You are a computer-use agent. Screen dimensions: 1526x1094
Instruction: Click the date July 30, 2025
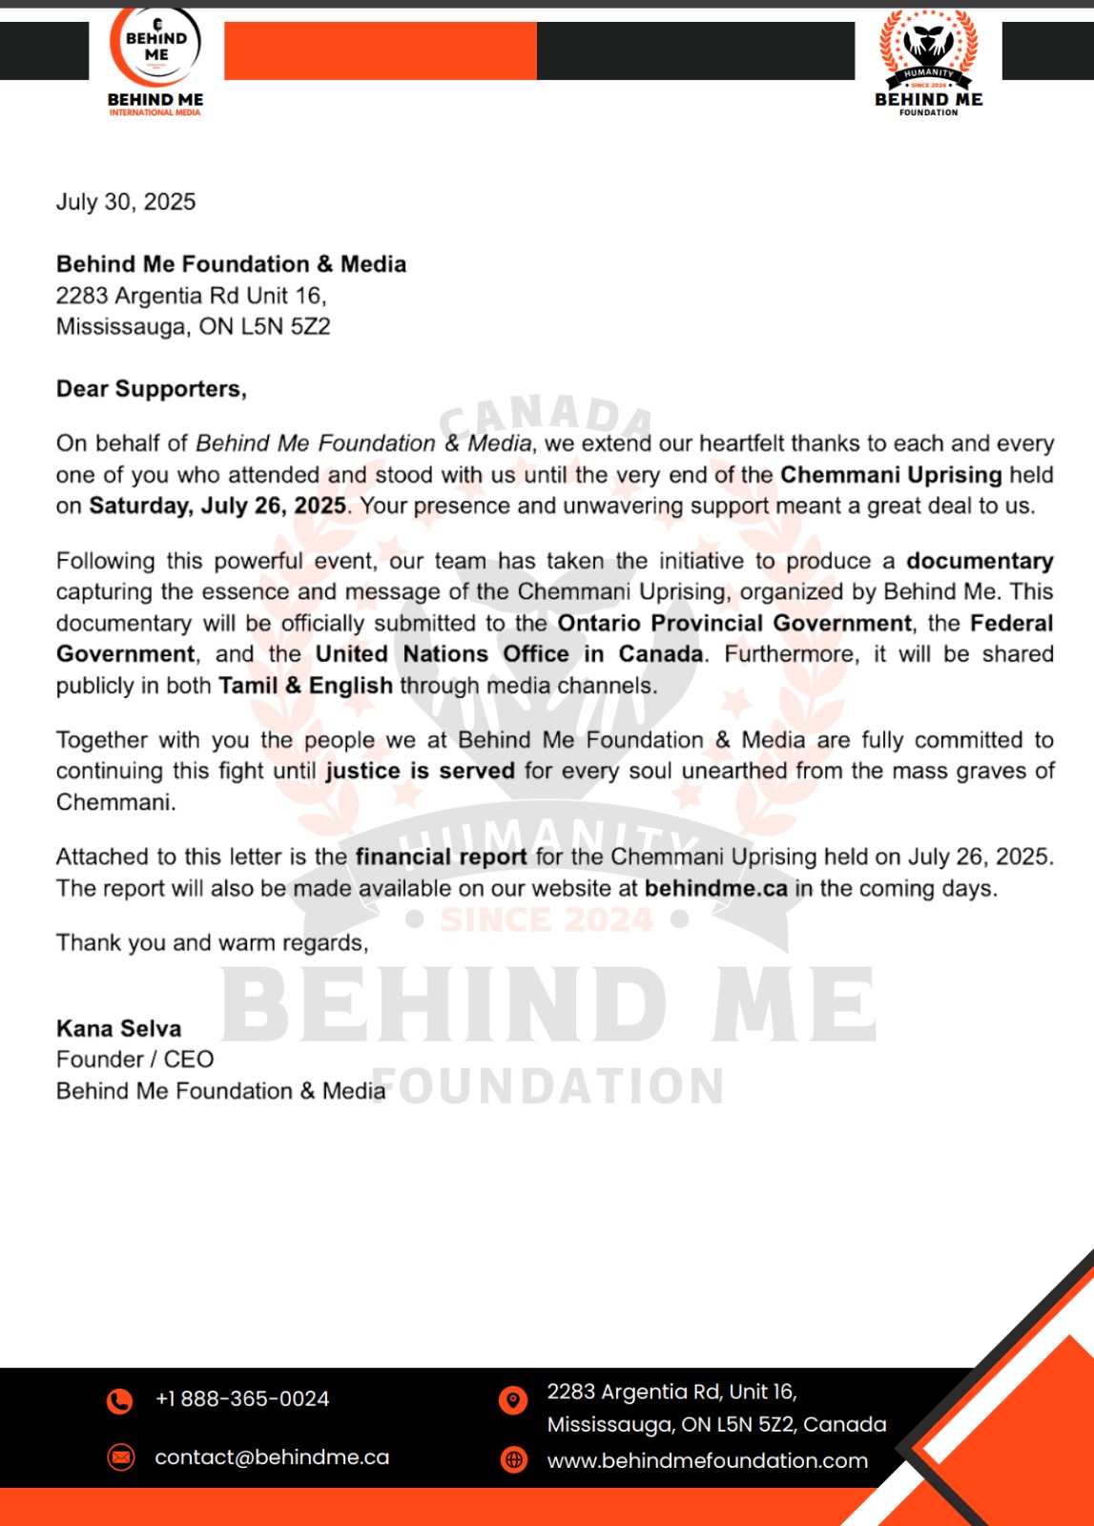[x=126, y=202]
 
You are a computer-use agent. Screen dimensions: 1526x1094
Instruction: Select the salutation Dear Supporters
[x=152, y=389]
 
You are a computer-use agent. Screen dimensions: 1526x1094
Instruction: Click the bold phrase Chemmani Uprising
[x=891, y=475]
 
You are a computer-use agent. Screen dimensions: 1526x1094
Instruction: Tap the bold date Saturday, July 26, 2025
[x=217, y=505]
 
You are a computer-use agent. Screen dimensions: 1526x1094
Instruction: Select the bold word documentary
[x=980, y=561]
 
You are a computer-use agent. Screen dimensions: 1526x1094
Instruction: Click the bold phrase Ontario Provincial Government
[x=734, y=624]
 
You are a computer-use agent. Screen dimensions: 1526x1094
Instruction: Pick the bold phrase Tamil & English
[x=305, y=686]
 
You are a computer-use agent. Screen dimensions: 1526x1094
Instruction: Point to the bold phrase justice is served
[x=420, y=771]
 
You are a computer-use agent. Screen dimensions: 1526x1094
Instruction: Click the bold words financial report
[x=441, y=856]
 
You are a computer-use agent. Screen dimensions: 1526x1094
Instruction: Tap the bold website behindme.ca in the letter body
[x=716, y=889]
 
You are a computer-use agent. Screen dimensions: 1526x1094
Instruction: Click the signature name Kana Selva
[x=119, y=1028]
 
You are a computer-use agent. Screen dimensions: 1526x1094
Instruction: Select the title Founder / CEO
[x=135, y=1060]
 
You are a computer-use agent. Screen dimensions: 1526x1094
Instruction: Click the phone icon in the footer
[x=120, y=1400]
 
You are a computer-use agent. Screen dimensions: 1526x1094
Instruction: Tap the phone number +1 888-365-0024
[x=242, y=1399]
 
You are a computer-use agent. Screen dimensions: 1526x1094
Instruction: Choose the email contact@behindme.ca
[x=272, y=1457]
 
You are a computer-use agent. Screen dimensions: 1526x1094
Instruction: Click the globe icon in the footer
[x=514, y=1459]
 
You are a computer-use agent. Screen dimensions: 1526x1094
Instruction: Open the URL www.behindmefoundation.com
[x=708, y=1460]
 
